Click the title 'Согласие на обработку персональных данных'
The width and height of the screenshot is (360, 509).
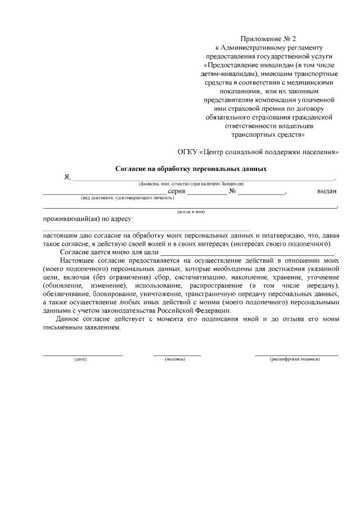point(191,168)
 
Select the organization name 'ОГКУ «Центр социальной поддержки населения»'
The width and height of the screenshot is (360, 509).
point(258,152)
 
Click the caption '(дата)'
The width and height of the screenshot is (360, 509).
point(80,359)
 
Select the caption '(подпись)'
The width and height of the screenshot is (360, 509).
point(175,359)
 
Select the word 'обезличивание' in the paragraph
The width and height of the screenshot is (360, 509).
point(65,294)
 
